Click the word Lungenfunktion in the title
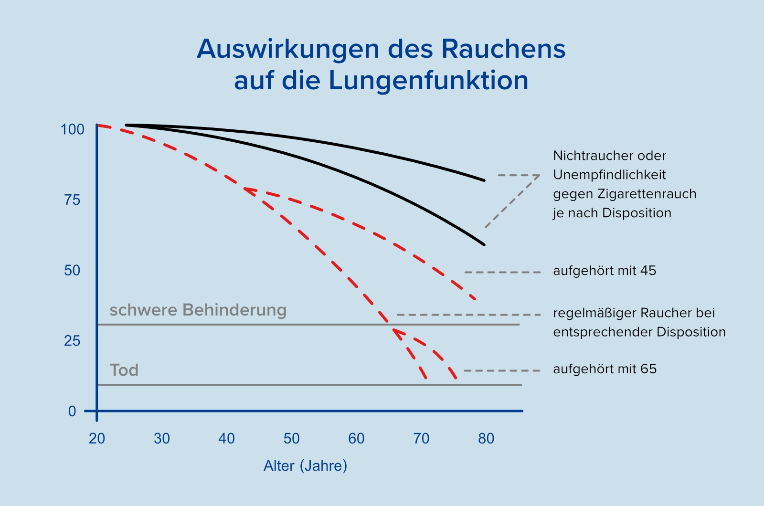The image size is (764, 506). tap(428, 81)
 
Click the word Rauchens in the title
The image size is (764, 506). tap(503, 49)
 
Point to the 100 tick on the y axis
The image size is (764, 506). tap(73, 129)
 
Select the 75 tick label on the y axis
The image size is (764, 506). tap(73, 200)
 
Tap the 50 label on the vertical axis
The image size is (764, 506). tap(73, 271)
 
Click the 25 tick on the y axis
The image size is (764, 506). tap(73, 341)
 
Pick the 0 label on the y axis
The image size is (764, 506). tap(72, 411)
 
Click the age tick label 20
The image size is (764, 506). tap(97, 438)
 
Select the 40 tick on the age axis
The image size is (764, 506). tap(227, 438)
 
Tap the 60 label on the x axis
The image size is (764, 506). tap(356, 438)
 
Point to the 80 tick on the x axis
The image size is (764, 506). tap(486, 438)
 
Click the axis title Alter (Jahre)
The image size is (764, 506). tap(306, 466)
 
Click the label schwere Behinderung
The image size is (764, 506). tap(198, 310)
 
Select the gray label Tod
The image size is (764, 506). tap(124, 370)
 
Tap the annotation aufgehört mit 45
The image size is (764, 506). tap(605, 271)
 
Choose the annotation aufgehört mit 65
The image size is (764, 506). tap(605, 369)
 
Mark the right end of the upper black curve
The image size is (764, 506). tap(484, 180)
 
